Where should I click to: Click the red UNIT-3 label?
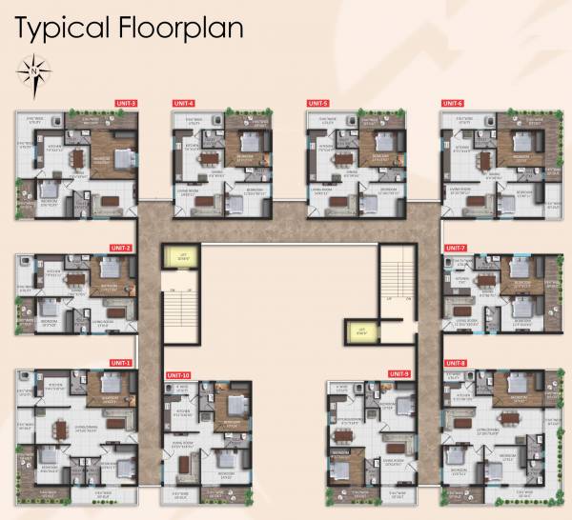pyautogui.click(x=126, y=103)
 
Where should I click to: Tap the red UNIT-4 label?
pyautogui.click(x=183, y=103)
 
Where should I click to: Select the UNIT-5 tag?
pyautogui.click(x=317, y=103)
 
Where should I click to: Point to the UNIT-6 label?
pyautogui.click(x=452, y=103)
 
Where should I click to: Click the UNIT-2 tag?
pyautogui.click(x=121, y=248)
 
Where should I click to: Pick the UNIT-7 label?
pyautogui.click(x=456, y=248)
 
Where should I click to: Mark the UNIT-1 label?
pyautogui.click(x=120, y=363)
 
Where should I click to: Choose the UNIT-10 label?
pyautogui.click(x=178, y=375)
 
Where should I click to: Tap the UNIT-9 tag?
pyautogui.click(x=398, y=373)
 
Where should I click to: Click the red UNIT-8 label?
pyautogui.click(x=455, y=363)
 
